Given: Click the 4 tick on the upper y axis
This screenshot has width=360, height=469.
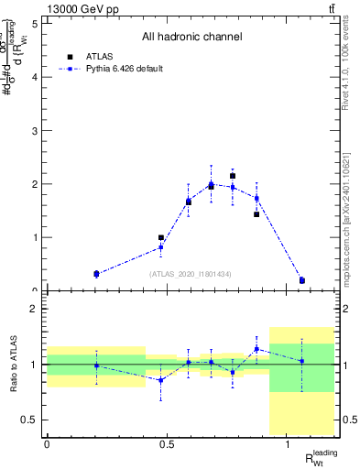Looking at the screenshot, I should (35, 77).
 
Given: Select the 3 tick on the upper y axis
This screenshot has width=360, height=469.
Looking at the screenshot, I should (35, 130).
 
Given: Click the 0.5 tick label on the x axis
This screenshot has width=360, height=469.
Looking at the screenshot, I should (167, 444).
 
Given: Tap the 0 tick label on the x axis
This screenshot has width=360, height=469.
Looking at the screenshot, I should (47, 444).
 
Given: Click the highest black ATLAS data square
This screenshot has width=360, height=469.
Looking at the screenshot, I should (233, 176).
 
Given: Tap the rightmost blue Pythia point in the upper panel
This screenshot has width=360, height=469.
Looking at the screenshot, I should (301, 280).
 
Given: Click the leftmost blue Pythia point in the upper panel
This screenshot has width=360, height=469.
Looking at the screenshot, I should (96, 274).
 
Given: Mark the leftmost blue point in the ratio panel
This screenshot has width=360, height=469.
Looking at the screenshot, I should (96, 365).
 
